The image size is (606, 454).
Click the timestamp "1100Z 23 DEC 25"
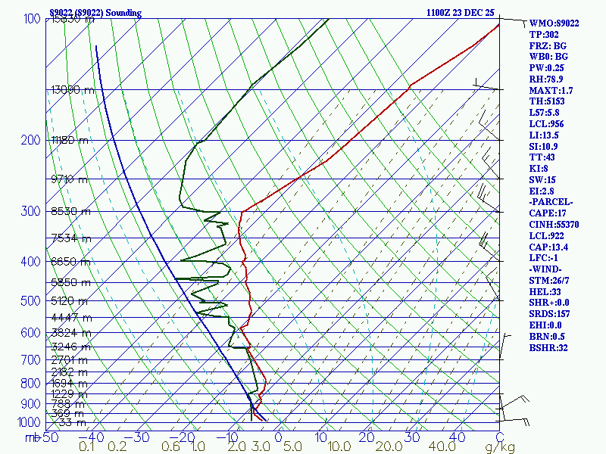pos(460,13)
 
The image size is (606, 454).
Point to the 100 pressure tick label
pos(31,19)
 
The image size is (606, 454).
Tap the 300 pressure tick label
pos(31,211)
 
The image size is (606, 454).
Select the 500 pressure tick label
pos(31,301)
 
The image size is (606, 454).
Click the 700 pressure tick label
pos(31,360)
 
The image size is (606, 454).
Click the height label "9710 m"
pos(70,179)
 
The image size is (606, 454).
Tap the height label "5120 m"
pos(70,300)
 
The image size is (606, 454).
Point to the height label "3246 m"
pos(70,347)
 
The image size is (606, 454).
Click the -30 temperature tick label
pos(140,437)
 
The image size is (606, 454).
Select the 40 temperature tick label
pos(456,437)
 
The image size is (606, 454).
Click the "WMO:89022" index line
pos(554,23)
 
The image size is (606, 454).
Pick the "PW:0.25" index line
pos(547,68)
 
